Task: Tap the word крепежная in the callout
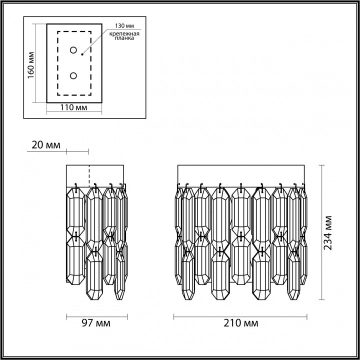pyautogui.click(x=122, y=32)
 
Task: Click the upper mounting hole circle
pyautogui.click(x=73, y=50)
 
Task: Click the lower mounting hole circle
pyautogui.click(x=73, y=75)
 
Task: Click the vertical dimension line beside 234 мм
pyautogui.click(x=320, y=233)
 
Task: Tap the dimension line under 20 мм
pyautogui.click(x=77, y=150)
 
